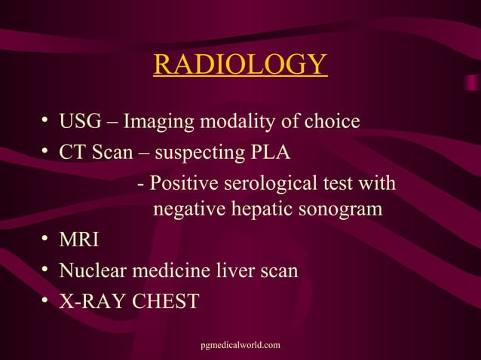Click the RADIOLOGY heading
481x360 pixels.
click(x=240, y=65)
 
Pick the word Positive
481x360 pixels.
click(x=182, y=185)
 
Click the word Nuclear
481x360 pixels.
click(x=89, y=270)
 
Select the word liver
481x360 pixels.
click(x=227, y=270)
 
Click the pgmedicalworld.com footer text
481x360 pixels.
click(x=240, y=345)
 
